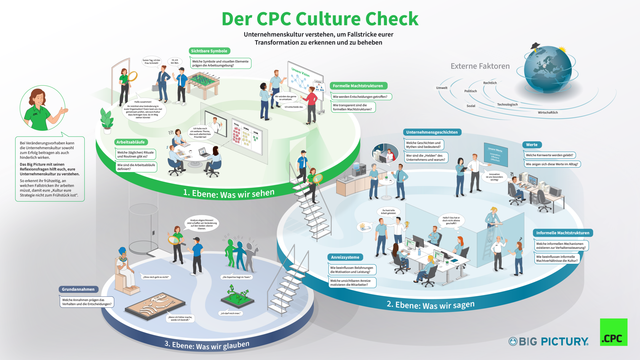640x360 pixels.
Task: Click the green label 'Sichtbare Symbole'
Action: coord(209,51)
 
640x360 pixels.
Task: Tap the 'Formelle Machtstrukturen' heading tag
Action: coord(358,86)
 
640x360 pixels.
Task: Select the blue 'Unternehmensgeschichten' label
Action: coord(432,132)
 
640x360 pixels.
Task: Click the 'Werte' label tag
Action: coord(532,145)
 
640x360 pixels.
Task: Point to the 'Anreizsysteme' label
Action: coord(345,257)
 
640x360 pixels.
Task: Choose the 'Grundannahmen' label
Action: coord(78,289)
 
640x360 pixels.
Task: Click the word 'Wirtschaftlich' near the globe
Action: coord(548,113)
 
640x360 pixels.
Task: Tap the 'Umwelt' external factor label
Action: coord(442,88)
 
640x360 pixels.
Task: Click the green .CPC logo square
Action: coord(614,332)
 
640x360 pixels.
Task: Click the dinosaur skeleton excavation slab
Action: coord(155,306)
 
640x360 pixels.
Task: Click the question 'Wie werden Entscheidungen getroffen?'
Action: coord(360,97)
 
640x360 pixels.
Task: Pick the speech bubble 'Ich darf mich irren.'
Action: coord(231,313)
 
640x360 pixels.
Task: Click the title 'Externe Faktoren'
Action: coord(480,66)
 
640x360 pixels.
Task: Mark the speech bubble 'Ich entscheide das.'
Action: coord(294,107)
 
